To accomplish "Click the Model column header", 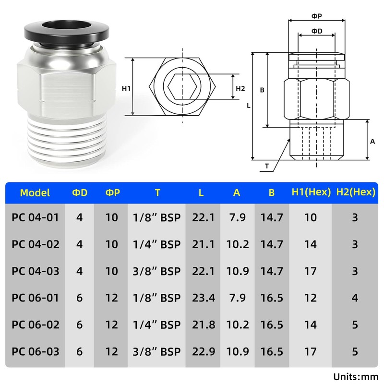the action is coord(35,193).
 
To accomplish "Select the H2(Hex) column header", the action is coord(356,192).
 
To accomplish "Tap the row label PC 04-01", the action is coord(36,217).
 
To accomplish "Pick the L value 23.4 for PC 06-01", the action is coord(203,298).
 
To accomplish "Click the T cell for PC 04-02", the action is coord(157,244).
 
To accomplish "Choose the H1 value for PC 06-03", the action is coord(310,351).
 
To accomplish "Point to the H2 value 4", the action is coord(355,298).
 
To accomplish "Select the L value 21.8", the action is coord(203,325).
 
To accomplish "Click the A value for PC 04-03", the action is coord(238,271).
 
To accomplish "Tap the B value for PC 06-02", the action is coord(272,325).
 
